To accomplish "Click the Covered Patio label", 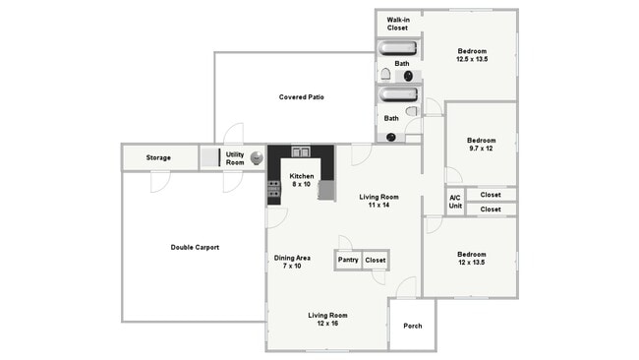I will pos(302,97).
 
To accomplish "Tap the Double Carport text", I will pos(195,247).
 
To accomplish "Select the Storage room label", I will pos(158,157).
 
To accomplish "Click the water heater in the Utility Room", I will pos(257,157).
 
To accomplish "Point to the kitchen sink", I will pos(301,151).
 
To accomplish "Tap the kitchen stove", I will pos(273,189).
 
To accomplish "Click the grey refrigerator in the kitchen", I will pos(325,190).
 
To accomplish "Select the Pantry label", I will pos(348,260).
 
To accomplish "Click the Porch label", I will pos(412,325).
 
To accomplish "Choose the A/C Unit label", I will pos(455,202).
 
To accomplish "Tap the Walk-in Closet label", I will pos(397,24).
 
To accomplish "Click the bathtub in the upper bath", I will pos(398,47).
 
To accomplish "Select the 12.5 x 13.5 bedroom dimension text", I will pos(471,59).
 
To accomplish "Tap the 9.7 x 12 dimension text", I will pos(480,149).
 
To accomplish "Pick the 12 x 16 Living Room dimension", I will pos(327,324).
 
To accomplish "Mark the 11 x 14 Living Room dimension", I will pos(378,205).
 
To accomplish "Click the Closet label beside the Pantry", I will pos(376,260).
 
